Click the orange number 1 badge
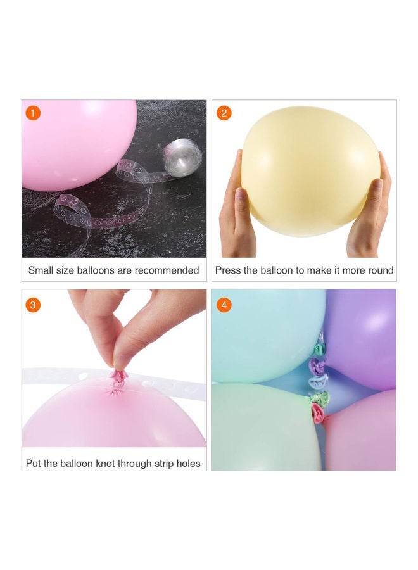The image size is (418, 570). pos(34,113)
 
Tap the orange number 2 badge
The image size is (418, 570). pos(224,113)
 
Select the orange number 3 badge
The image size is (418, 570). pos(34,305)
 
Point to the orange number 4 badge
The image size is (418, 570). pos(224,305)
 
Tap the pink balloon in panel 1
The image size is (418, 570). pos(76,142)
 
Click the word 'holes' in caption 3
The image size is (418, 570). pos(187,464)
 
